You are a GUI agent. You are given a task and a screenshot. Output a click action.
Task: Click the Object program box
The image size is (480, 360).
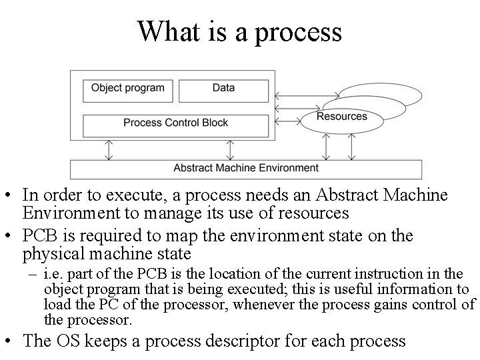pos(127,88)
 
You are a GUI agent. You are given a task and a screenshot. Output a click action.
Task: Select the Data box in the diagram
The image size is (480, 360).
pos(223,88)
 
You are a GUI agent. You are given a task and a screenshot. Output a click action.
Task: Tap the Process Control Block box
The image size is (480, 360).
pos(175,123)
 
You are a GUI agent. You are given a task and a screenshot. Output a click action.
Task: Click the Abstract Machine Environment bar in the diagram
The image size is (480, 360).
pos(246,168)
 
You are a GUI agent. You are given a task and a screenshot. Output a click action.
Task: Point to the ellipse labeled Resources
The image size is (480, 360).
pos(341,117)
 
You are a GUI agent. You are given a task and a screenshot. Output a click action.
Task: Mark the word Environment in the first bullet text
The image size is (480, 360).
pos(65,213)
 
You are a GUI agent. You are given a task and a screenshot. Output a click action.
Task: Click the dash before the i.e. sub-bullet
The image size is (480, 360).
pos(33,274)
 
